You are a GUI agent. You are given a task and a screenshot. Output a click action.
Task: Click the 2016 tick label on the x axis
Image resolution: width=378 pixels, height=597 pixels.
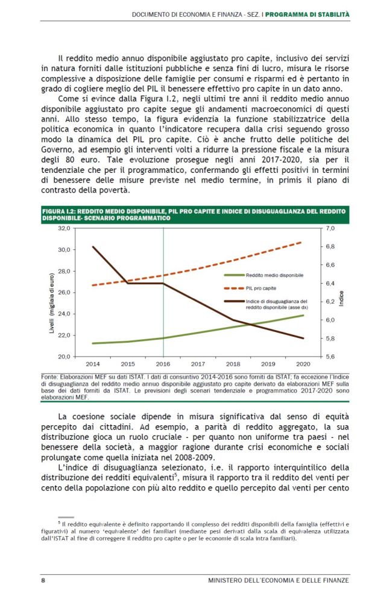click(163, 364)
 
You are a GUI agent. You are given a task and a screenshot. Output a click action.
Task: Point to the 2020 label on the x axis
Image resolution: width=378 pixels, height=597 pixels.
click(303, 364)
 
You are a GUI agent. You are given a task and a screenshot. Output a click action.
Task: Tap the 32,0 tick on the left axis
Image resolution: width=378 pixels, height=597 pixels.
click(63, 229)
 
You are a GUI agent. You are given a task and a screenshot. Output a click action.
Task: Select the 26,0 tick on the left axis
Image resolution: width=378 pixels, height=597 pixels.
click(63, 293)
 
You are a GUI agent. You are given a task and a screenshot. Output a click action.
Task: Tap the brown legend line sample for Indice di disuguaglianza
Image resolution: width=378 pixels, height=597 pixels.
click(233, 301)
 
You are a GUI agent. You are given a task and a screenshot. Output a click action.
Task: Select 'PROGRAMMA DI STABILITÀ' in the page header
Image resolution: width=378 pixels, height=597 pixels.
click(307, 13)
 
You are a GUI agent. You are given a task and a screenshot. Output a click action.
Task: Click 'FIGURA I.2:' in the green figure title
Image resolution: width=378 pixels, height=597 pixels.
click(58, 211)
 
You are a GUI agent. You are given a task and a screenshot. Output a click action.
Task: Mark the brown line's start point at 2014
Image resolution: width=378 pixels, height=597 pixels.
click(93, 246)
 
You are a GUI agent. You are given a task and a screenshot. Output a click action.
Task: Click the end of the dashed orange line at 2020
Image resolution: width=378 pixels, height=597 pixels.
click(302, 242)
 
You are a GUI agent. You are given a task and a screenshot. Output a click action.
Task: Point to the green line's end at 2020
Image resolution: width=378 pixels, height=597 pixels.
click(303, 315)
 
